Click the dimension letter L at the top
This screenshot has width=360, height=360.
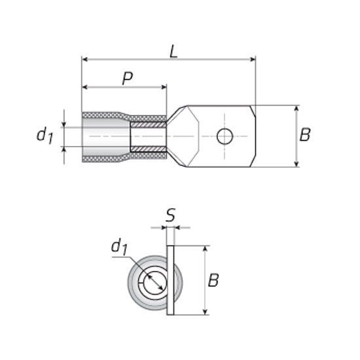[x=174, y=52]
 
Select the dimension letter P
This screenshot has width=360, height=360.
[x=128, y=79]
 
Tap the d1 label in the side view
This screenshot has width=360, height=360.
[x=45, y=135]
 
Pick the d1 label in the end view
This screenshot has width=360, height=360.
[x=119, y=247]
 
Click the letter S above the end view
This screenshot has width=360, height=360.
[x=170, y=215]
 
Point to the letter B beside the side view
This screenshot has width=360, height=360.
[x=305, y=134]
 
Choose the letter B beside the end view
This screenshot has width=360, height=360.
[x=213, y=280]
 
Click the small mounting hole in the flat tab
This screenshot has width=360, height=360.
[x=225, y=136]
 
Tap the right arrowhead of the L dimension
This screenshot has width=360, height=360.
[x=253, y=60]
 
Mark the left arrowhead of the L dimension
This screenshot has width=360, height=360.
[x=84, y=60]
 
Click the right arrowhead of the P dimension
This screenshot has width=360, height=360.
[x=164, y=87]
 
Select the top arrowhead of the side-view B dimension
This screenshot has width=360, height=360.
[x=297, y=109]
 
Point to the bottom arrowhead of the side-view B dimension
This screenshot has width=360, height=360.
[x=297, y=164]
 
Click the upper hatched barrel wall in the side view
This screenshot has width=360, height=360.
[x=149, y=124]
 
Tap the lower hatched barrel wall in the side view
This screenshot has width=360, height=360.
[x=149, y=149]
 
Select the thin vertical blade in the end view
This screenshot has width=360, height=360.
[x=170, y=280]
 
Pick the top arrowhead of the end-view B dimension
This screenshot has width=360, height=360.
[x=206, y=249]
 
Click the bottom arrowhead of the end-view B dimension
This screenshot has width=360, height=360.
[x=206, y=312]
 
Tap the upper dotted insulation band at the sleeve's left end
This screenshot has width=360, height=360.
[x=101, y=115]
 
